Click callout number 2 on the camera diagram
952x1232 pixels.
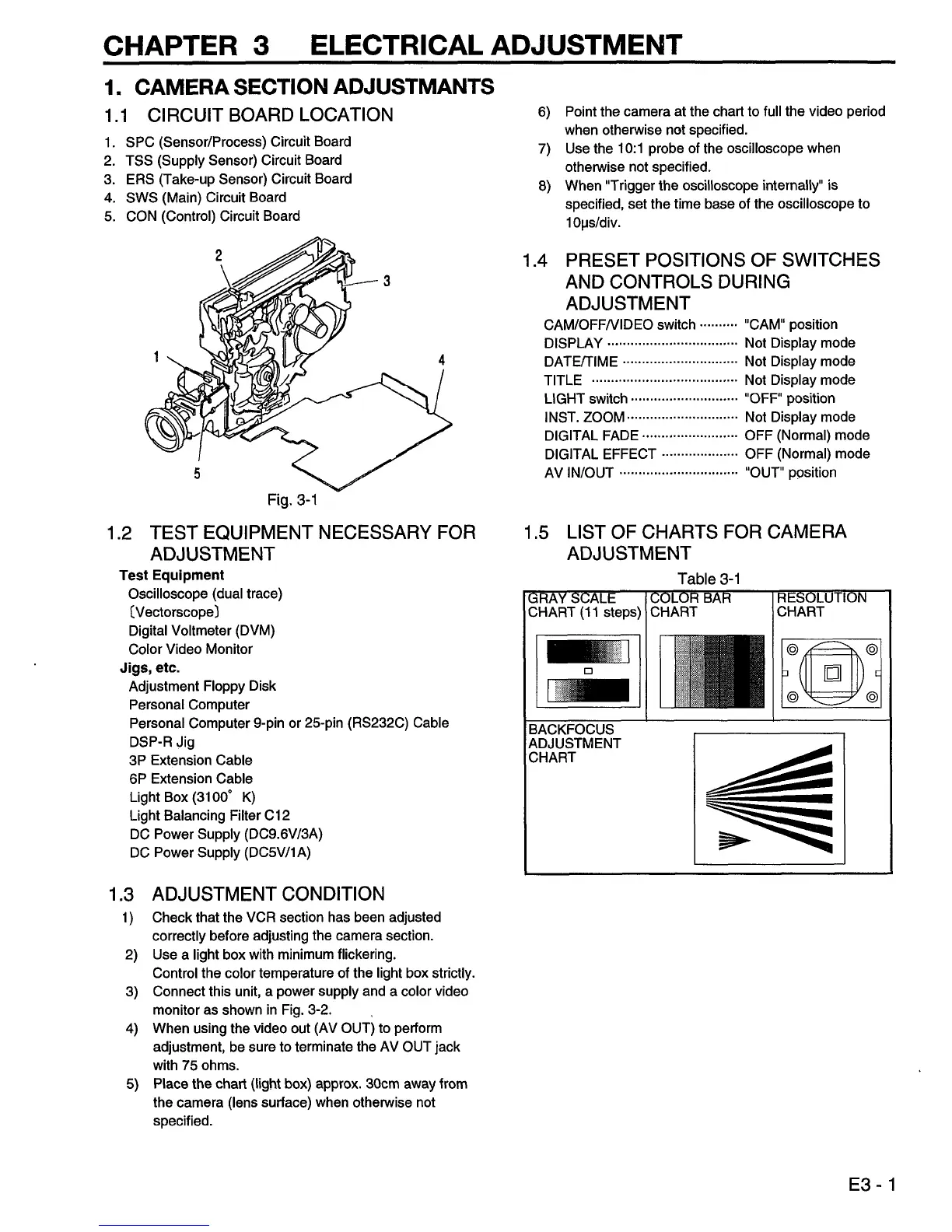219,254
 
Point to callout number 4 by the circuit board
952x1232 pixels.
442,360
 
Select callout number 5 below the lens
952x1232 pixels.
197,474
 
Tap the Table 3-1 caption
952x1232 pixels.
709,579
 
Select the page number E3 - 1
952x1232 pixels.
873,1185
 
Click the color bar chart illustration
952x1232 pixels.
712,670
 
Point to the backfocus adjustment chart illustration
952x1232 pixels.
768,798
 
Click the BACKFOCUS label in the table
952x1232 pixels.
571,730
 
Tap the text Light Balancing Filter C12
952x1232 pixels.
209,815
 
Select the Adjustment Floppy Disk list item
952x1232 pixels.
202,686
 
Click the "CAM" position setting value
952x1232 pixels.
790,324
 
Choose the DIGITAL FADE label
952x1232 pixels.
591,436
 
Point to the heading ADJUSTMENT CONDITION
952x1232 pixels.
268,894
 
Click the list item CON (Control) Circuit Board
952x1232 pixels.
212,215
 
